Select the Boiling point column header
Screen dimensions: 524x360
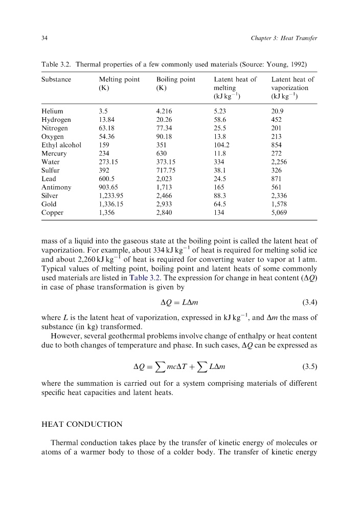pyautogui.click(x=175, y=79)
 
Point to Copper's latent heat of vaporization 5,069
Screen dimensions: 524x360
pyautogui.click(x=280, y=213)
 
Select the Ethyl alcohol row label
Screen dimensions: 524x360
pyautogui.click(x=61, y=144)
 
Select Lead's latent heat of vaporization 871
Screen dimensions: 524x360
pyautogui.click(x=277, y=179)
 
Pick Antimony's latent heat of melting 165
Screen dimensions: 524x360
pyautogui.click(x=219, y=187)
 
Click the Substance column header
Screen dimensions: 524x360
pyautogui.click(x=56, y=79)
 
